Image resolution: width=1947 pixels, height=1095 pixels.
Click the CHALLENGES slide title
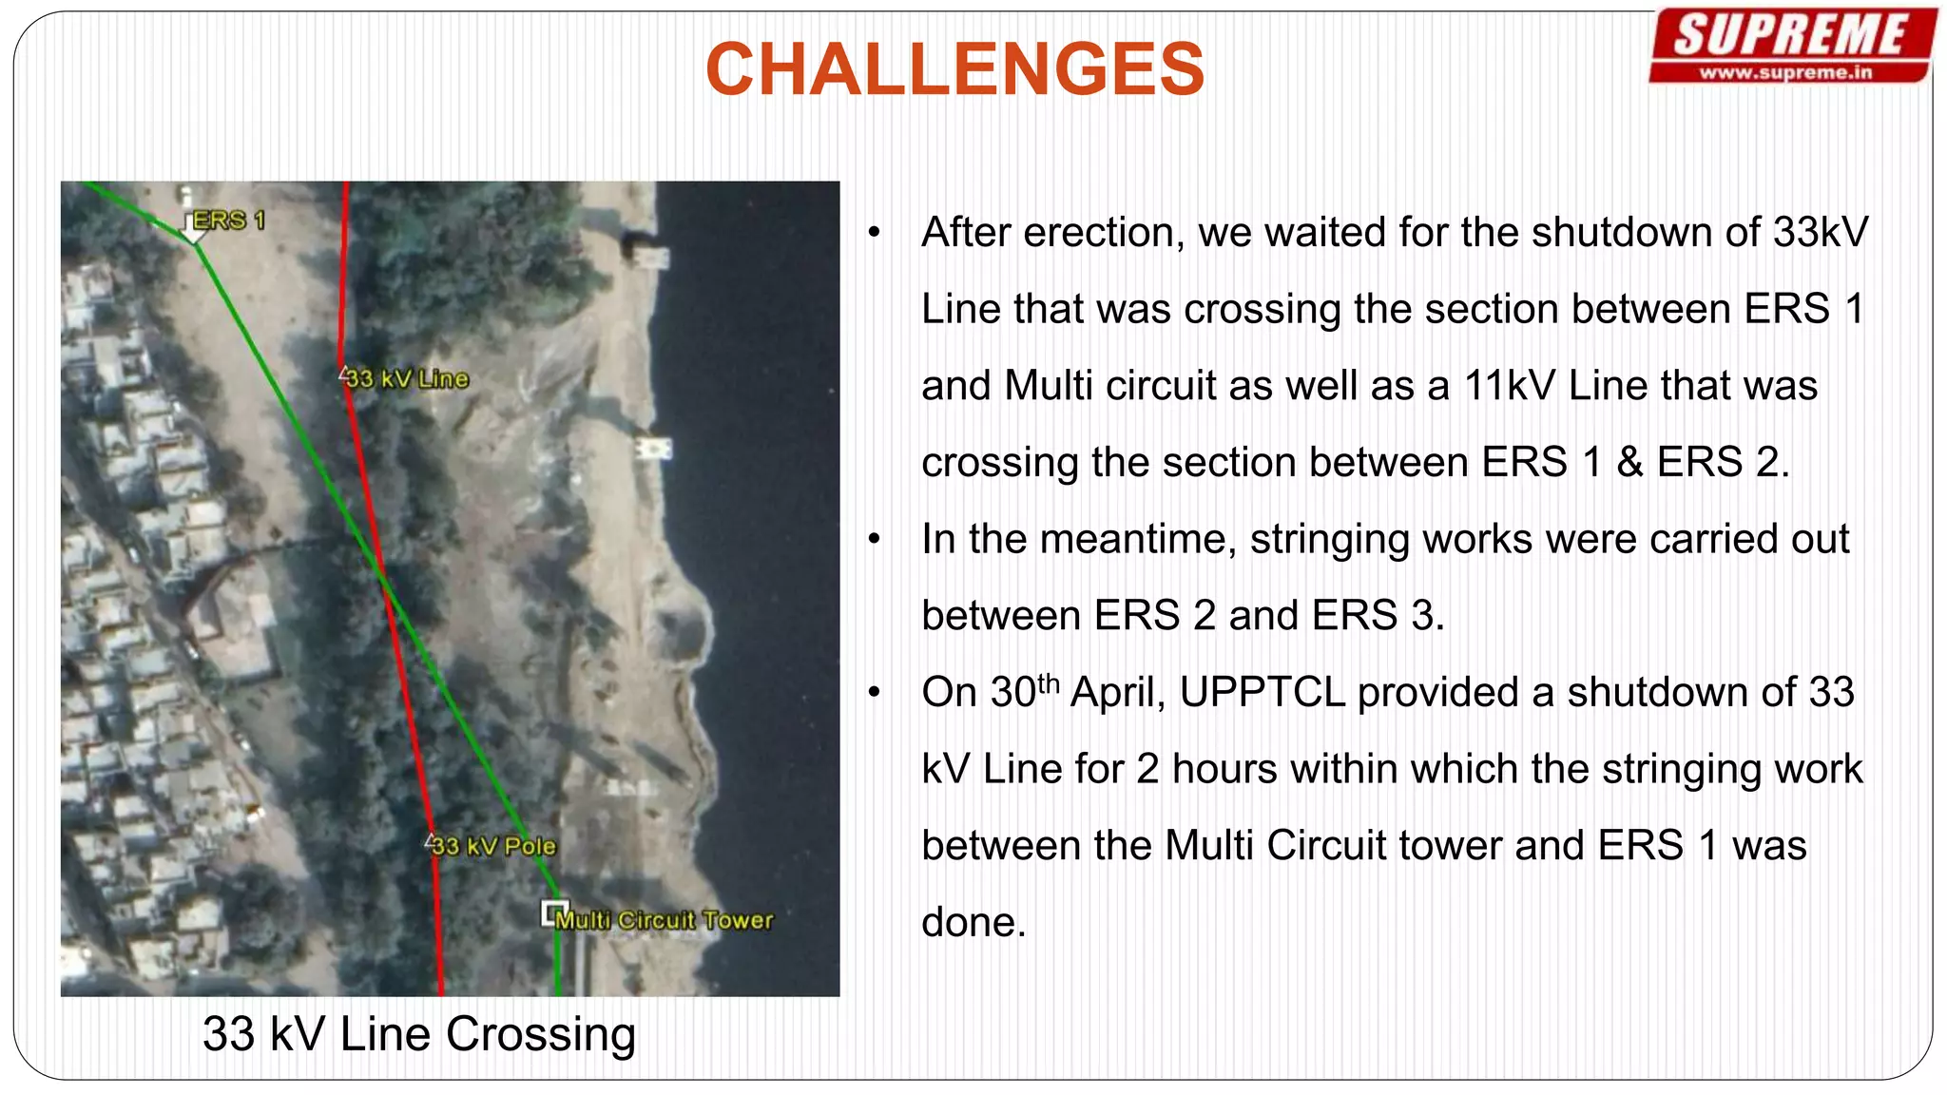[954, 69]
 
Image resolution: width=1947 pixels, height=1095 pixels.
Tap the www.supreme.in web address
[1785, 73]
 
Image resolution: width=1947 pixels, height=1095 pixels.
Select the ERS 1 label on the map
[228, 221]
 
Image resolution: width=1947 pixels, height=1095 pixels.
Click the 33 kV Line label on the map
[407, 378]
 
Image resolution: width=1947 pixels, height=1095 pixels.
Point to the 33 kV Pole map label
[492, 845]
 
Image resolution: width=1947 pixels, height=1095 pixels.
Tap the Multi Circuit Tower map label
[665, 919]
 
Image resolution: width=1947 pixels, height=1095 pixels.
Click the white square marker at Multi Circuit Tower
[552, 912]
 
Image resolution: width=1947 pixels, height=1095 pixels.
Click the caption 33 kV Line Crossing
[418, 1034]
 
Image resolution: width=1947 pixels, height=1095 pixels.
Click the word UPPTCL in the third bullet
[1262, 692]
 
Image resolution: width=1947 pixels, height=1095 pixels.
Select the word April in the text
[1117, 692]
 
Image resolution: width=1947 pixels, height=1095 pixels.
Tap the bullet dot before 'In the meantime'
[875, 540]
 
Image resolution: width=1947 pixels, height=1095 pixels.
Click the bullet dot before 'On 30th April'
[875, 693]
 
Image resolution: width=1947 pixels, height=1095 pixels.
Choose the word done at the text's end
[973, 922]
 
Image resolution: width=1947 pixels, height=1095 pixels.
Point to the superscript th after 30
[1048, 682]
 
